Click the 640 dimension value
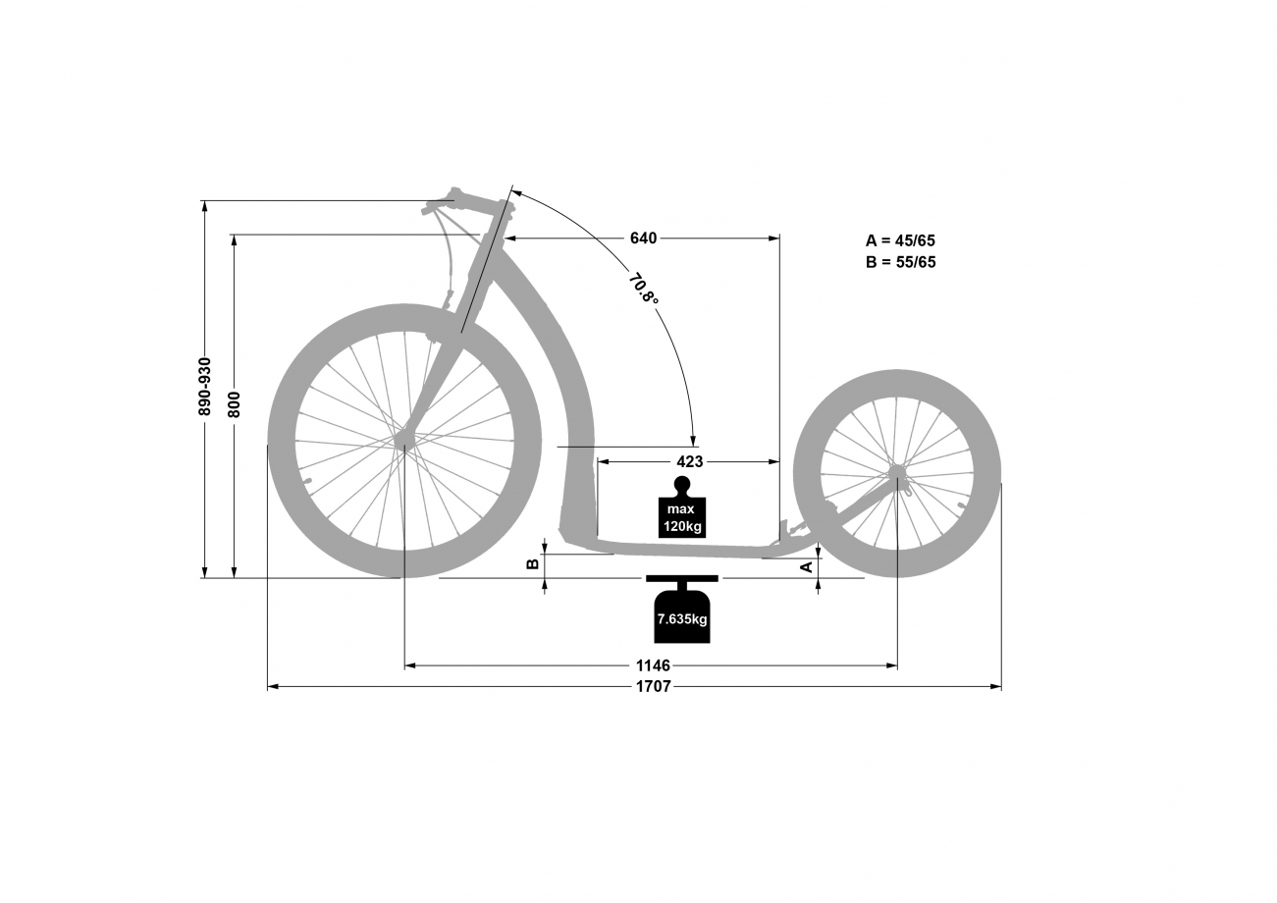click(x=643, y=238)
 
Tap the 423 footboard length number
click(x=690, y=461)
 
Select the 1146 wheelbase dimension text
click(x=654, y=665)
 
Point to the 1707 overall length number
click(x=654, y=686)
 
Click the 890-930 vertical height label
click(x=205, y=387)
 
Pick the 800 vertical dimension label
click(x=235, y=404)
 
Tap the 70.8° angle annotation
click(x=644, y=289)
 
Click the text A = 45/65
click(x=900, y=240)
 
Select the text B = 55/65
click(x=900, y=262)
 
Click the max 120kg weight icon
click(x=682, y=507)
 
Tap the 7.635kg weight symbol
click(x=682, y=610)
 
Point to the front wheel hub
click(x=404, y=440)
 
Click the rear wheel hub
click(x=897, y=472)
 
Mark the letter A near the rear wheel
click(x=807, y=566)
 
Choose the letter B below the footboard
click(x=532, y=563)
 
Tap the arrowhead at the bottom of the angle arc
click(x=693, y=441)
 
